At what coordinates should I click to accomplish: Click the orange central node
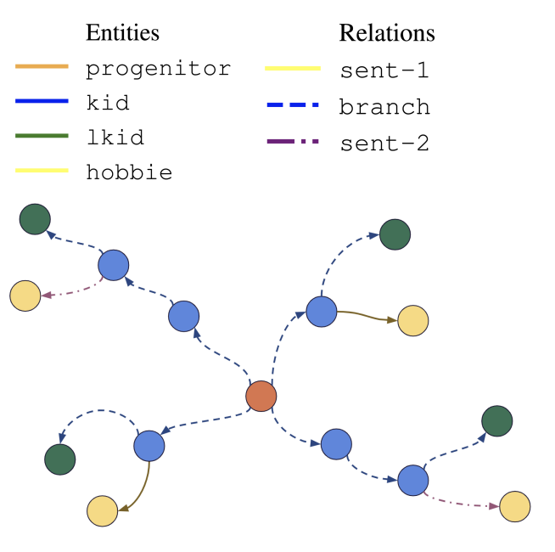(261, 396)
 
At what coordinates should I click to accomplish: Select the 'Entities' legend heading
(122, 33)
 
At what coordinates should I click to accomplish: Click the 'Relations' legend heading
(387, 33)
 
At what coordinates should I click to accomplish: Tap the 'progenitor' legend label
(158, 69)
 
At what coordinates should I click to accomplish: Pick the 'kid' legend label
(108, 104)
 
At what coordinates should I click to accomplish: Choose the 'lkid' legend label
(115, 138)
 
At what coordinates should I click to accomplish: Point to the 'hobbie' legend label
(129, 172)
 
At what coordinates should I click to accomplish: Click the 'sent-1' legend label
(384, 70)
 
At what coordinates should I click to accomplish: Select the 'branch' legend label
(384, 107)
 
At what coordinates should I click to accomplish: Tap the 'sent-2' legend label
(384, 144)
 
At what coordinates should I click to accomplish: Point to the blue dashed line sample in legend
(292, 104)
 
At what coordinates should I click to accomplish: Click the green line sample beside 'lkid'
(42, 136)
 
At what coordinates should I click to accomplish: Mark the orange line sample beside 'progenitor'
(42, 66)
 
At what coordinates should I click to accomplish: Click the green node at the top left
(35, 219)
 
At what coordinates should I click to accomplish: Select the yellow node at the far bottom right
(514, 507)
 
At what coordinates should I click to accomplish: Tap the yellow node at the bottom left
(102, 510)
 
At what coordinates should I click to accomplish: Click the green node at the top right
(395, 234)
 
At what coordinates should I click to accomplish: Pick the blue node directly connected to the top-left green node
(113, 266)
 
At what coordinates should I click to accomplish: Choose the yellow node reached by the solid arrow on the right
(413, 320)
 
